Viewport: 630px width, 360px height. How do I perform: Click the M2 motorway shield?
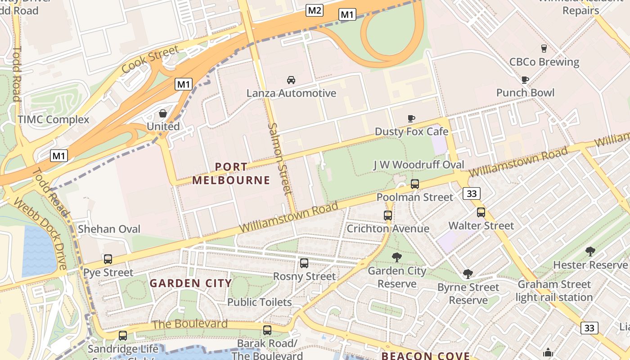tap(315, 10)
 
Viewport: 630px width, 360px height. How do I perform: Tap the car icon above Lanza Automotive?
tap(291, 80)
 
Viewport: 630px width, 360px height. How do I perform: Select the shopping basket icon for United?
tap(163, 113)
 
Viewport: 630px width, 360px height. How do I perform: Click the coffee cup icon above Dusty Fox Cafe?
tap(411, 118)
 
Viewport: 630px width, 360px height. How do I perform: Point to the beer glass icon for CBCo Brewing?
tap(544, 49)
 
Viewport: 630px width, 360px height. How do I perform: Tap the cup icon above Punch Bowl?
tap(525, 80)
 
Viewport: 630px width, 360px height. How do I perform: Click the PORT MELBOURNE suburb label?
tap(231, 174)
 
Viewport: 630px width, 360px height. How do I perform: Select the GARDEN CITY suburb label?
tap(191, 283)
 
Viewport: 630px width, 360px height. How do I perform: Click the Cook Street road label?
tap(150, 59)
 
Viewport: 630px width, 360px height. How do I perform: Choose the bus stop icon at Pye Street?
tap(108, 259)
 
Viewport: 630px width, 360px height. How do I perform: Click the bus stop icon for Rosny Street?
tap(304, 263)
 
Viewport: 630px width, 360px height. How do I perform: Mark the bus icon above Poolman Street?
tap(415, 184)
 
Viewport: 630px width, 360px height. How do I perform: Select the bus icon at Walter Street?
tap(481, 212)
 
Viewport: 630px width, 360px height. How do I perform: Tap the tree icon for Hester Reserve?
tap(590, 252)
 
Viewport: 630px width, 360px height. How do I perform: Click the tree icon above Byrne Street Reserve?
tap(468, 274)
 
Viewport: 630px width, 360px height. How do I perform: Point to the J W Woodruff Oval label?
tap(418, 165)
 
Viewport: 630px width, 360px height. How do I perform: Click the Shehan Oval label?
tap(109, 229)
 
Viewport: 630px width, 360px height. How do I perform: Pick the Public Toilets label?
tap(259, 302)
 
